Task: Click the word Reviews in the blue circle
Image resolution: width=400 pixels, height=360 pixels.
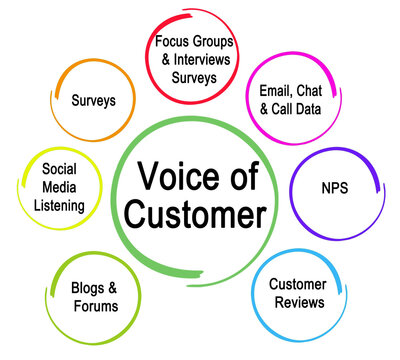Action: pos(296,302)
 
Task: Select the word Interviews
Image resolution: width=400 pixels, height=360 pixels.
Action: pos(211,59)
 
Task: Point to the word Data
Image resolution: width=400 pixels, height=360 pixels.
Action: pos(311,108)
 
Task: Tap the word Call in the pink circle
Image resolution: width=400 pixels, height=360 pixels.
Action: pos(276,108)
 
